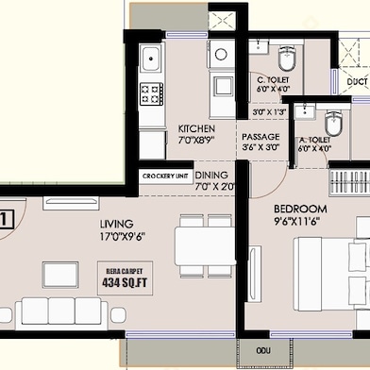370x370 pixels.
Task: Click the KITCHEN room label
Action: (196, 128)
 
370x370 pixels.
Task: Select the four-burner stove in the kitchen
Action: (151, 93)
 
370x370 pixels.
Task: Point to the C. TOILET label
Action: (274, 79)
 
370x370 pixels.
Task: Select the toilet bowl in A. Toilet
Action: (332, 125)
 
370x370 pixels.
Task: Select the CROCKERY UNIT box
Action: (165, 177)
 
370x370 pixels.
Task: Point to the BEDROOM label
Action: (300, 209)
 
